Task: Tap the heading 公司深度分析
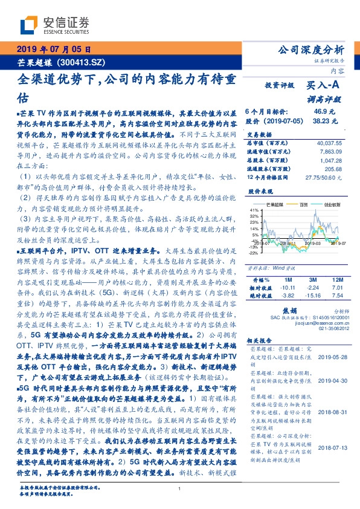pos(310,50)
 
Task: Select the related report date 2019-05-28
pos(330,357)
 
